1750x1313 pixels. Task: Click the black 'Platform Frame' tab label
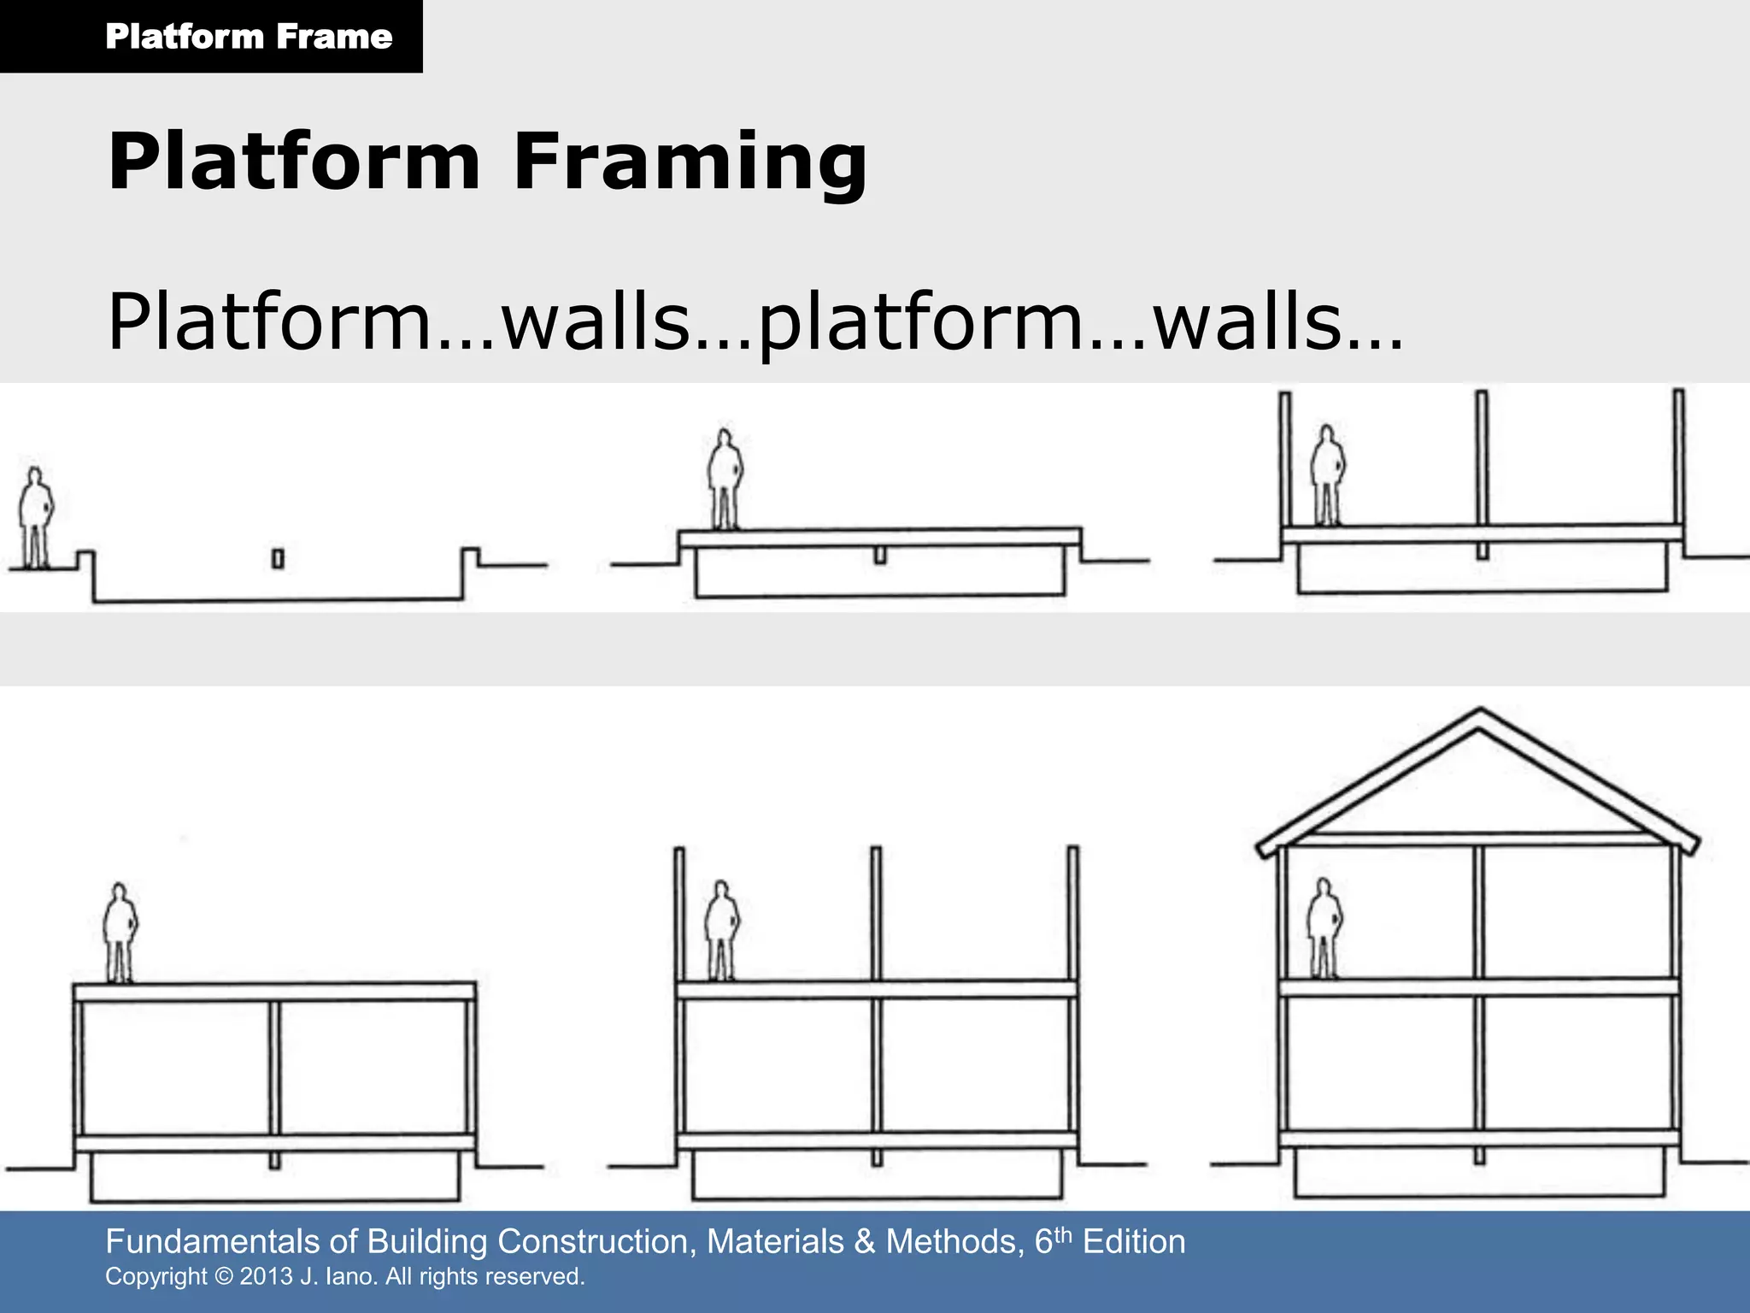pos(248,37)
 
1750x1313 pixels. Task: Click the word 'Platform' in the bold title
pos(294,162)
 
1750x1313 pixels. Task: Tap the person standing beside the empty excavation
pos(35,518)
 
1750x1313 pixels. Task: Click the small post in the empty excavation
pos(278,559)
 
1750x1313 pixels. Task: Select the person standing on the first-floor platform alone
pos(725,479)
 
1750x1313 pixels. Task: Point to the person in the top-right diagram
pos(1327,475)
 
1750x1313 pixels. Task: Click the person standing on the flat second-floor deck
pos(120,933)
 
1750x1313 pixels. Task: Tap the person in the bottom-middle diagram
pos(722,930)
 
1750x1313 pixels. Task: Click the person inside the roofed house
pos(1324,928)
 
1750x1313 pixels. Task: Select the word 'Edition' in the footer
pos(1134,1242)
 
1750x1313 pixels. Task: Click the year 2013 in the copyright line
pos(266,1277)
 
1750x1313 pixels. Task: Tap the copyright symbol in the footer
pos(224,1277)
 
